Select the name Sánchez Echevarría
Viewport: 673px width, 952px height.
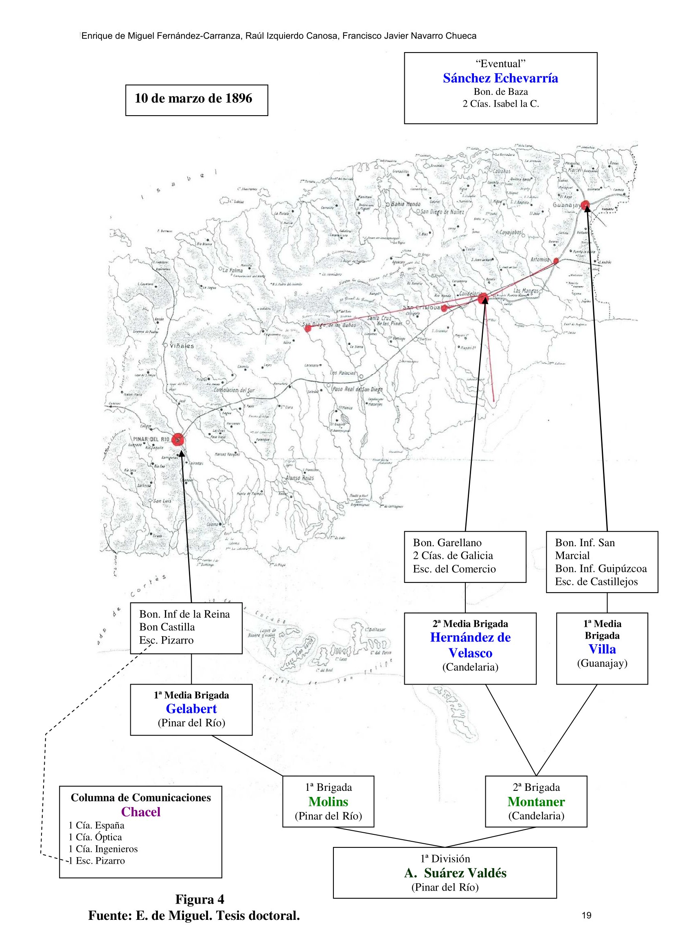click(500, 79)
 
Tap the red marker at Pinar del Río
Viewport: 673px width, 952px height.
click(178, 440)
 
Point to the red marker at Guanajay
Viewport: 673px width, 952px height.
click(585, 204)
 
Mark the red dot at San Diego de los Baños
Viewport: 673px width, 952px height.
click(308, 328)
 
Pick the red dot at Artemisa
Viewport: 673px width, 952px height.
click(556, 261)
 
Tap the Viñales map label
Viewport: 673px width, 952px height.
click(182, 346)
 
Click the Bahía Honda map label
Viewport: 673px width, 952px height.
click(406, 204)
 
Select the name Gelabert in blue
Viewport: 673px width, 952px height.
click(191, 709)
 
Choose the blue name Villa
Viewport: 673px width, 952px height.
click(602, 649)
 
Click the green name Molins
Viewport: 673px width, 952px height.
click(328, 801)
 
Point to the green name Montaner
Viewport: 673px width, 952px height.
click(536, 801)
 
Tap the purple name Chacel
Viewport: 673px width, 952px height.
click(140, 812)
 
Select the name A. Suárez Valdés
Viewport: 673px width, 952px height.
click(455, 873)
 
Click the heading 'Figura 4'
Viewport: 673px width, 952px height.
click(199, 899)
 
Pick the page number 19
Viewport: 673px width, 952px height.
click(586, 915)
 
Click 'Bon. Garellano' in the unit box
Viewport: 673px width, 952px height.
click(447, 543)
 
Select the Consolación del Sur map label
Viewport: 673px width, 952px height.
click(235, 390)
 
